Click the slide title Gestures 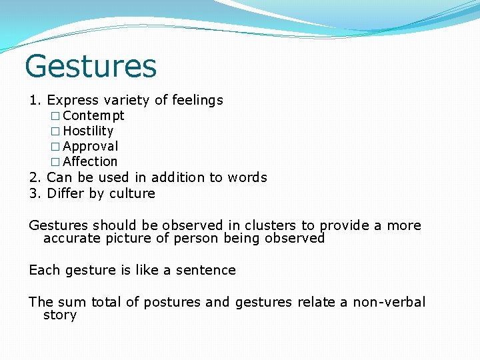pyautogui.click(x=91, y=66)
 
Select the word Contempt pyautogui.click(x=93, y=115)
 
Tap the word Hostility pyautogui.click(x=88, y=131)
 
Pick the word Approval pyautogui.click(x=91, y=146)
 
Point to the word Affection pyautogui.click(x=90, y=161)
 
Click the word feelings pyautogui.click(x=197, y=100)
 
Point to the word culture pyautogui.click(x=133, y=193)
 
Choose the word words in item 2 pyautogui.click(x=247, y=177)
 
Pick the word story pyautogui.click(x=59, y=315)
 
